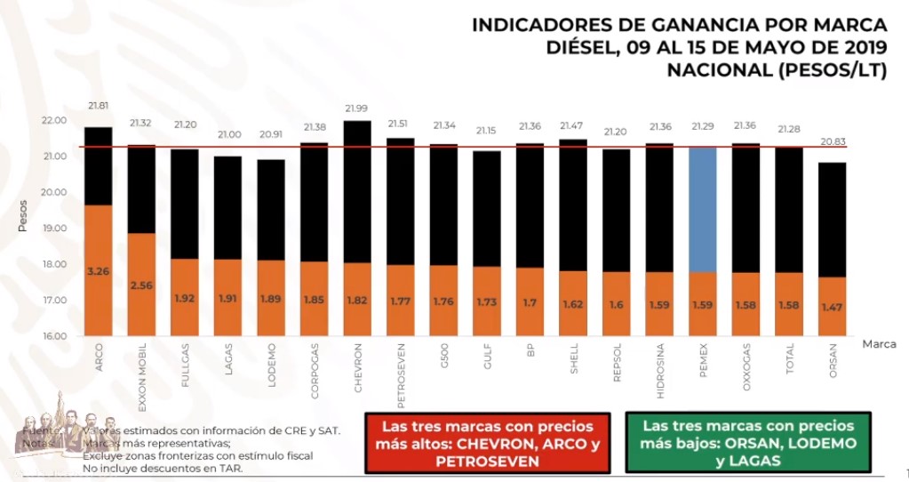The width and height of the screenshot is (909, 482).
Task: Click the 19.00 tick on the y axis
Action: [x=53, y=229]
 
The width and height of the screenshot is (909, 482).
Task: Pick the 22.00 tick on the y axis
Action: [x=53, y=121]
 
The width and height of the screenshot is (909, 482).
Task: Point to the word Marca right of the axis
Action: [x=878, y=344]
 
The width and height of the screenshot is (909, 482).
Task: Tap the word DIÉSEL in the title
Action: [x=582, y=48]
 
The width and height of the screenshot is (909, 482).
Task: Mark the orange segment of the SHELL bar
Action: [x=573, y=302]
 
